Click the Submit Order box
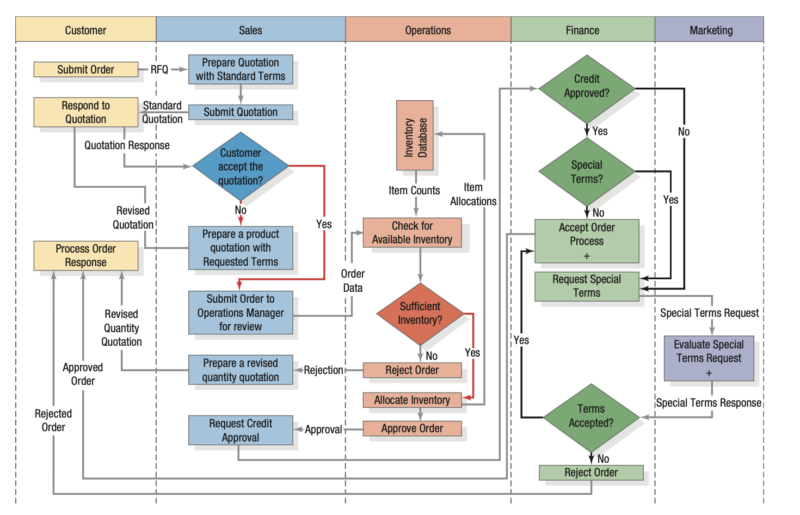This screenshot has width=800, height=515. click(85, 69)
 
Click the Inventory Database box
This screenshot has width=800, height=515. click(415, 136)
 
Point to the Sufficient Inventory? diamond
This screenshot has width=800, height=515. click(420, 314)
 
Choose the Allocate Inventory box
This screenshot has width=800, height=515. click(412, 400)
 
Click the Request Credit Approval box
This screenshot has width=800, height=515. click(241, 430)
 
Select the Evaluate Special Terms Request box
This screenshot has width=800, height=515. click(709, 358)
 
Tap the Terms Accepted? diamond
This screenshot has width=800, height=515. click(590, 416)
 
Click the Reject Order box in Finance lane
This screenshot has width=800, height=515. click(590, 472)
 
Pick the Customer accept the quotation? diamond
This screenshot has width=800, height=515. click(240, 167)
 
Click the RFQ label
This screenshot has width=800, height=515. click(159, 70)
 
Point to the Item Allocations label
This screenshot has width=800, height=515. click(473, 194)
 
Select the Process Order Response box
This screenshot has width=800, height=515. click(85, 255)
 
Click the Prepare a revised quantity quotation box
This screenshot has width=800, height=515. click(240, 370)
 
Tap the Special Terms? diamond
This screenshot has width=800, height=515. click(586, 172)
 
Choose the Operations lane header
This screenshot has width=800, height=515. click(428, 30)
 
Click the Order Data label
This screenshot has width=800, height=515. click(353, 280)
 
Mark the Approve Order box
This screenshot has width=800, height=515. click(412, 428)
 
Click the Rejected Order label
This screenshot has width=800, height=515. click(53, 420)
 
